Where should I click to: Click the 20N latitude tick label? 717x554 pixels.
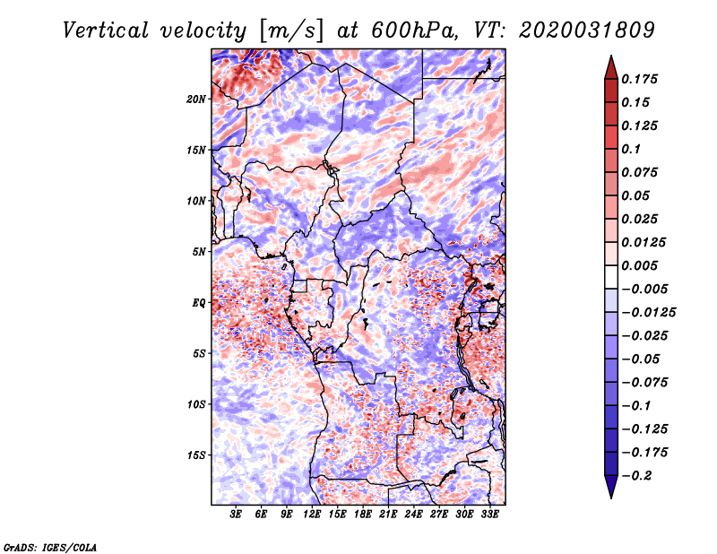[x=196, y=99]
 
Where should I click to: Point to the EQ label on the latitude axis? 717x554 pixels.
[x=198, y=303]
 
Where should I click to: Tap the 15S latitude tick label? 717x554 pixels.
[x=196, y=455]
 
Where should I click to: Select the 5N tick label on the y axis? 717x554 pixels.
[x=199, y=252]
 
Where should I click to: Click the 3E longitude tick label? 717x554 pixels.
[x=236, y=514]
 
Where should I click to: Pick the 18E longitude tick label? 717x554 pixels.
[x=363, y=514]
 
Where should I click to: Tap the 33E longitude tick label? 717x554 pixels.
[x=489, y=514]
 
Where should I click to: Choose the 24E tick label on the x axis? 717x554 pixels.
[x=413, y=514]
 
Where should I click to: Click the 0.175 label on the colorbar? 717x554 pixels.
[x=639, y=79]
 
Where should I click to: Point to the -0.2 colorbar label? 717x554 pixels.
[x=636, y=476]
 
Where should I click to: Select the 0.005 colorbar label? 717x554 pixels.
[x=639, y=265]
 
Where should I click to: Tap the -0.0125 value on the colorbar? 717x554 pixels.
[x=648, y=313]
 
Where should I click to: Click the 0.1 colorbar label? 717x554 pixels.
[x=631, y=149]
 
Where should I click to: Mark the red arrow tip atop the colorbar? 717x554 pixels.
[x=611, y=56]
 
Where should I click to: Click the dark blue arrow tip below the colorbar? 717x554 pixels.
[x=611, y=498]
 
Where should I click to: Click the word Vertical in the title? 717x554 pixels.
[x=106, y=30]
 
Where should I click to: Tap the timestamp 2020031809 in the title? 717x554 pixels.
[x=587, y=30]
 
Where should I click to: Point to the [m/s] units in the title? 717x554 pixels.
[x=291, y=30]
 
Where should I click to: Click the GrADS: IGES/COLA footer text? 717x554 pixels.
[x=50, y=547]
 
